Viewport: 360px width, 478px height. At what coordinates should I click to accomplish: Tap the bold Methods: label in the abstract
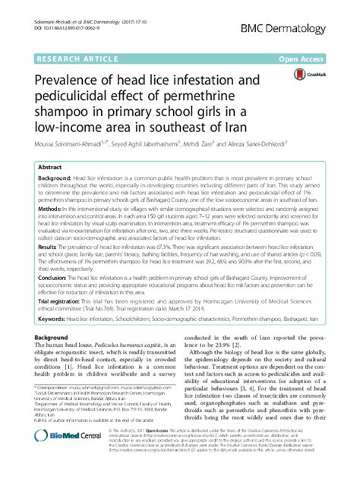[51, 228]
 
